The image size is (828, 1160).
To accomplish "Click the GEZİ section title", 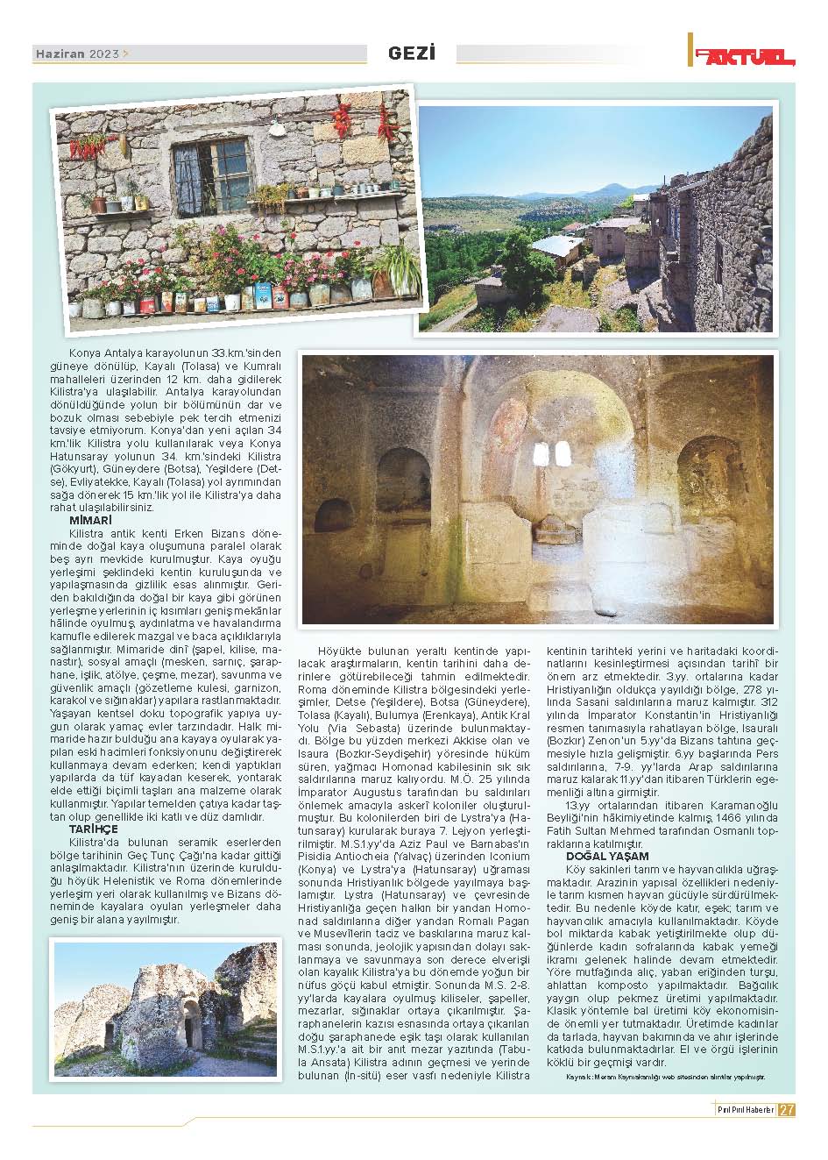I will (x=411, y=53).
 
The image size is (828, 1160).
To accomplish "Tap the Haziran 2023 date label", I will (x=78, y=53).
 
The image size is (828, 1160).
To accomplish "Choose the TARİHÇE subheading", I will (x=93, y=829).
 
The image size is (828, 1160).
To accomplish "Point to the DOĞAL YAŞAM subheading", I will (x=607, y=856).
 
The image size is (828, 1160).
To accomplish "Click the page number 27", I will (x=787, y=1109).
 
